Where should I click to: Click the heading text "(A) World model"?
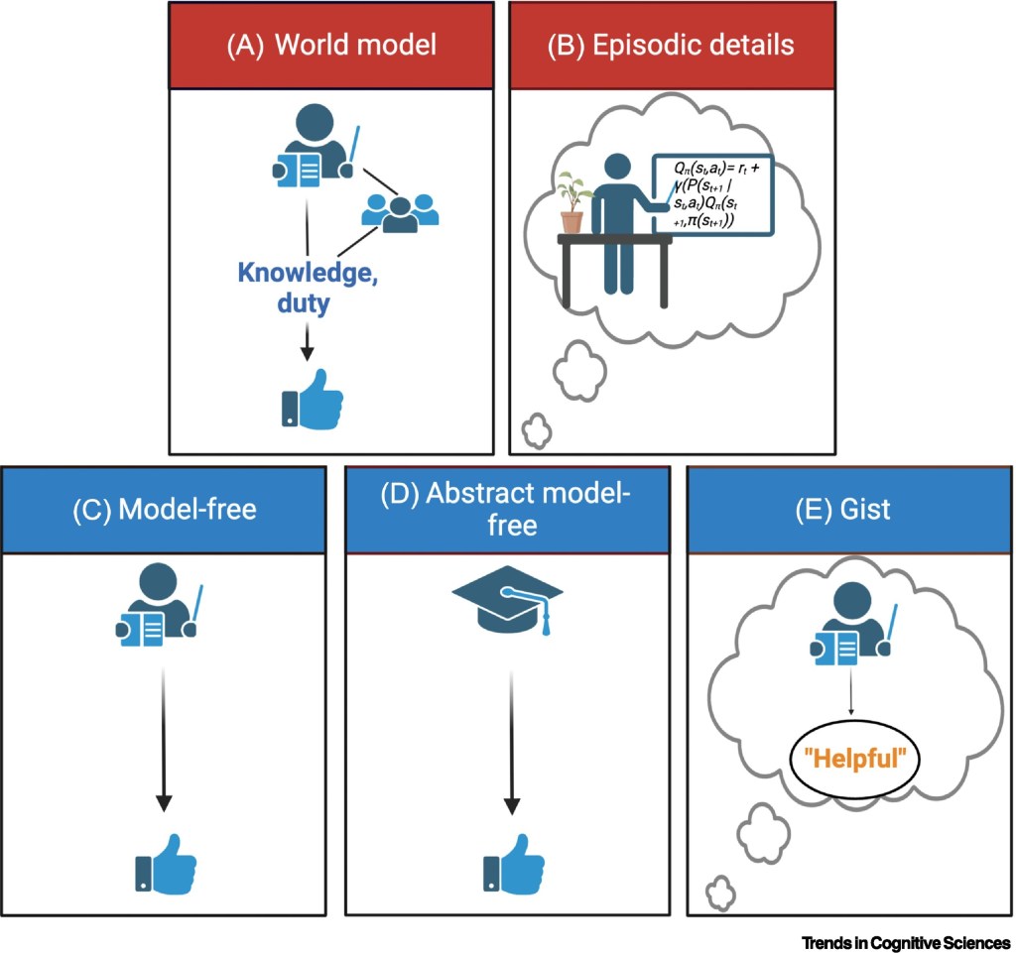pyautogui.click(x=331, y=46)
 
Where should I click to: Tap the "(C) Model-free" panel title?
pyautogui.click(x=165, y=510)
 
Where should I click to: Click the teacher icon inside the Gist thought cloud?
pyautogui.click(x=850, y=626)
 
